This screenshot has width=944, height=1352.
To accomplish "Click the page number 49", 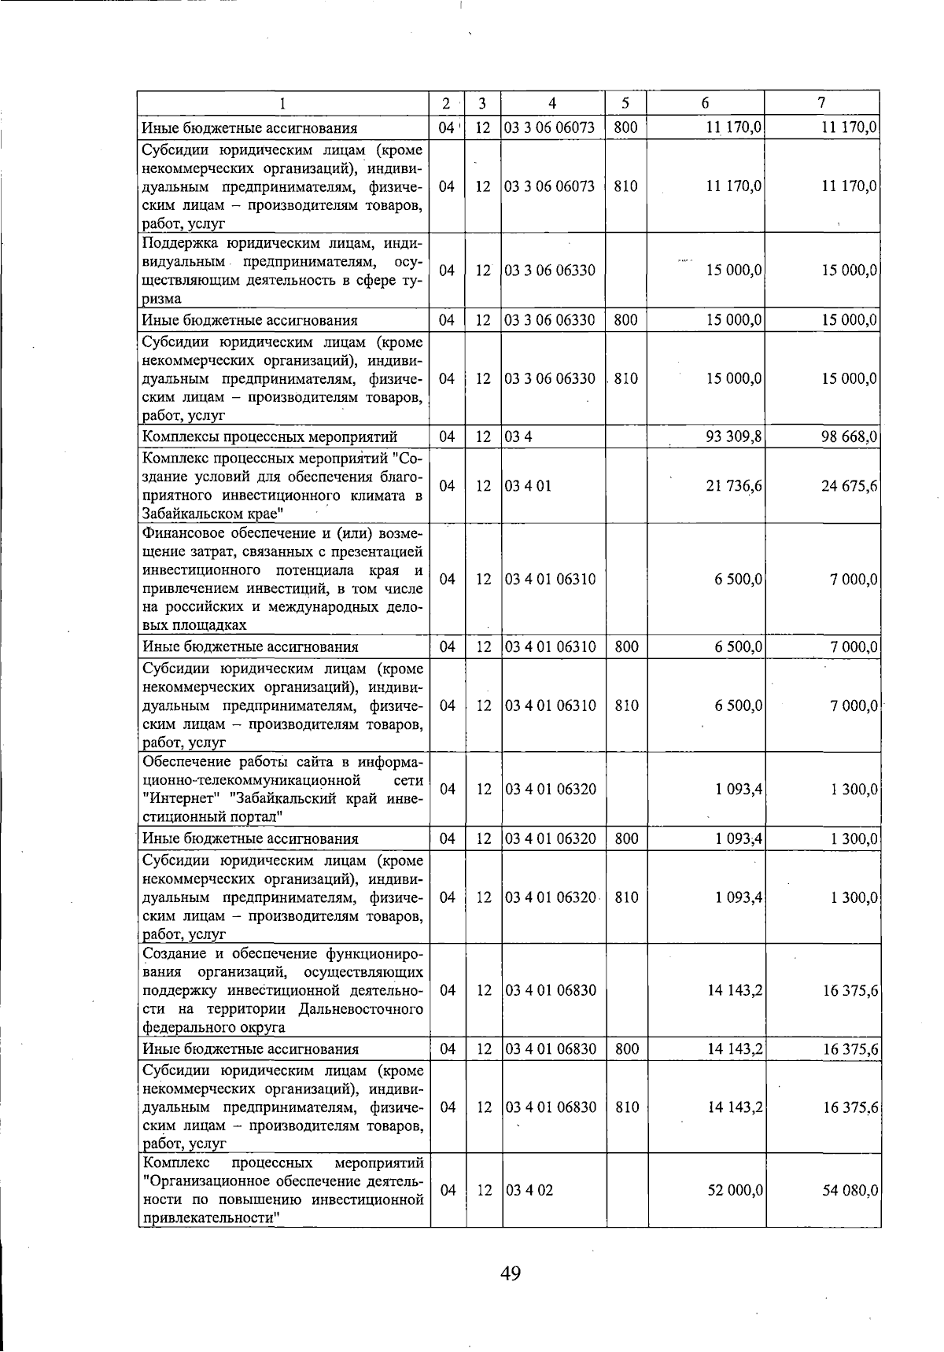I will tap(510, 1273).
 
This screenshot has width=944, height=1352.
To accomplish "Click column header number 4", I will tap(553, 103).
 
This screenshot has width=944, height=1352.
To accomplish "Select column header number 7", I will tap(821, 103).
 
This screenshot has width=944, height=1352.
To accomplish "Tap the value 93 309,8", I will tap(734, 437).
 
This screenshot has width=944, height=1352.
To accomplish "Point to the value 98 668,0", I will tap(850, 437).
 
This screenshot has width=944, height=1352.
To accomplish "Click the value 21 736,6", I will tap(734, 486).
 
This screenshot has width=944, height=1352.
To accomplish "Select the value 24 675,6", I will tap(850, 486).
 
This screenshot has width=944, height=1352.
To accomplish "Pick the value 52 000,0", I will tap(735, 1190).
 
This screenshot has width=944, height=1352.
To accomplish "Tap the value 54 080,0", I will tap(850, 1190).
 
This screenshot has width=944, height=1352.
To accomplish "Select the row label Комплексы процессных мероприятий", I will tap(269, 437).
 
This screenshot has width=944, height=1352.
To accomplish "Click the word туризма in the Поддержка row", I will tap(161, 299).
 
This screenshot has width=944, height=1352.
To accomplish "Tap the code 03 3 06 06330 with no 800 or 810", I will tap(550, 271).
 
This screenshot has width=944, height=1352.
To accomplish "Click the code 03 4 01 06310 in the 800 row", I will tap(550, 647).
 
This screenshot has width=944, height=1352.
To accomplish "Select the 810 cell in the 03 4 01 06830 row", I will tap(626, 1107).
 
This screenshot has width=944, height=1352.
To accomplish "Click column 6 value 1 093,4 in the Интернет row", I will tap(739, 790).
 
